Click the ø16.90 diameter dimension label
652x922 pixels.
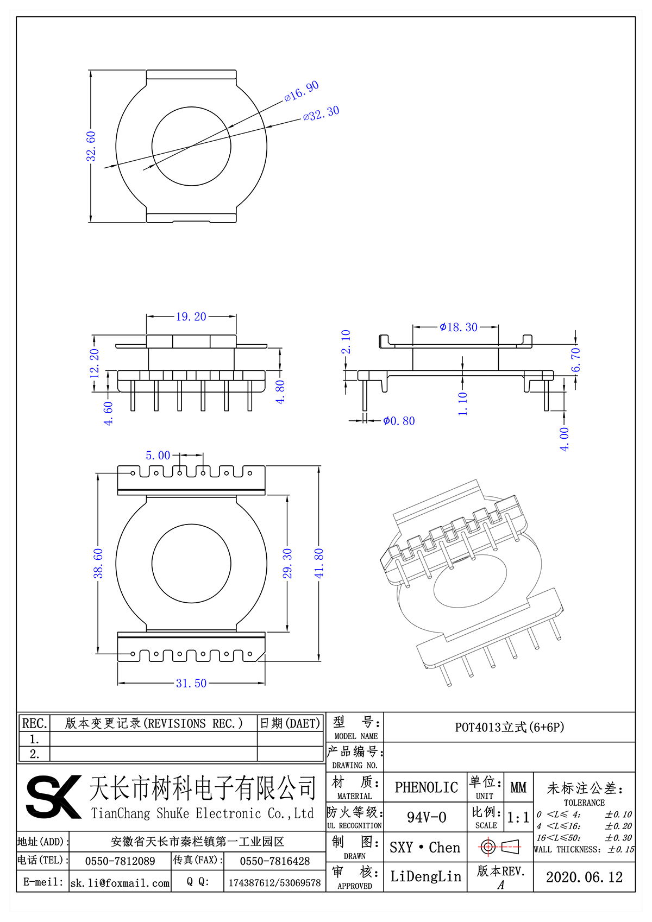(302, 91)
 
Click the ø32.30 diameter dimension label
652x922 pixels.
(321, 113)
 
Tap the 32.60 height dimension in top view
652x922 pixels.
(91, 146)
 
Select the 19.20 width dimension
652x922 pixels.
(191, 317)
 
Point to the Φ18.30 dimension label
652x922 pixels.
(459, 327)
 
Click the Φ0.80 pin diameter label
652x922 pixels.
(399, 421)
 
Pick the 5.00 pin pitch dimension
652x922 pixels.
(158, 455)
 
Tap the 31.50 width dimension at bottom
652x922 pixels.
(191, 683)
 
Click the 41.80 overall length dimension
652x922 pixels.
(319, 563)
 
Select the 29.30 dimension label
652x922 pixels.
(287, 563)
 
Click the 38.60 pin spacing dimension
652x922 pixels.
(98, 563)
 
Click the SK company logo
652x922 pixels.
(53, 797)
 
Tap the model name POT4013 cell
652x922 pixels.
(509, 727)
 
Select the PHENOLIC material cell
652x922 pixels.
(426, 787)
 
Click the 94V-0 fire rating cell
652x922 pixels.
(426, 817)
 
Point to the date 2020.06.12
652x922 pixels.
(584, 877)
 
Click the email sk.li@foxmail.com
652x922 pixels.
(120, 883)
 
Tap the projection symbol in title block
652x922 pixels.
(500, 847)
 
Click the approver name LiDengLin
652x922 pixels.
(425, 876)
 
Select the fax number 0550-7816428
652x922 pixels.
(275, 861)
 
